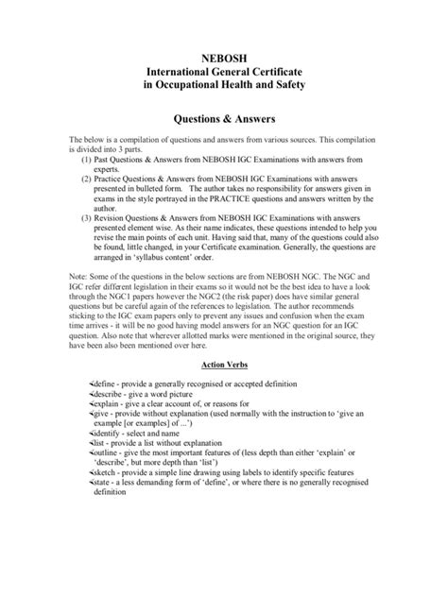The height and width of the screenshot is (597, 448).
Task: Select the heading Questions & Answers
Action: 223,123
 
